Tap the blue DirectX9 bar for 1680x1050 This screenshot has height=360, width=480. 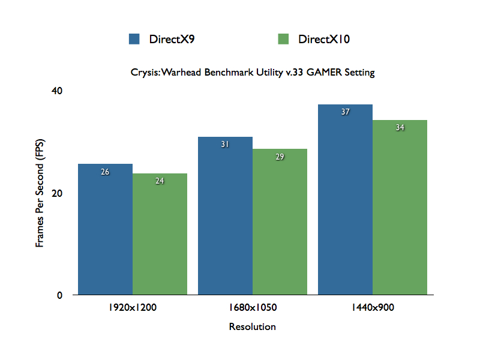pos(225,216)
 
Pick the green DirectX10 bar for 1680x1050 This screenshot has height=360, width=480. pos(280,222)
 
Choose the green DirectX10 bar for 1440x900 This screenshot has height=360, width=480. pos(400,208)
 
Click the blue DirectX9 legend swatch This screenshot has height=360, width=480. pos(134,40)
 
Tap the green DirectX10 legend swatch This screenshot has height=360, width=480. pos(284,40)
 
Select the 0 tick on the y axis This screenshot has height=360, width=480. pos(59,295)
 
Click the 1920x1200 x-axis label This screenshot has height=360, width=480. pos(133,308)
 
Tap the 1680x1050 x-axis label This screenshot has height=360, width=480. pos(253,308)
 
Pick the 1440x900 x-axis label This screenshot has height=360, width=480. pos(373,308)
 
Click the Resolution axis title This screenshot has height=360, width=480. pos(253,327)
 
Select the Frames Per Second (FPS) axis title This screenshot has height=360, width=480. pos(40,194)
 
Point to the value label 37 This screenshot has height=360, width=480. pos(345,112)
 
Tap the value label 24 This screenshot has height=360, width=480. pos(160,181)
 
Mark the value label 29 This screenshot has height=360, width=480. pos(280,157)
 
